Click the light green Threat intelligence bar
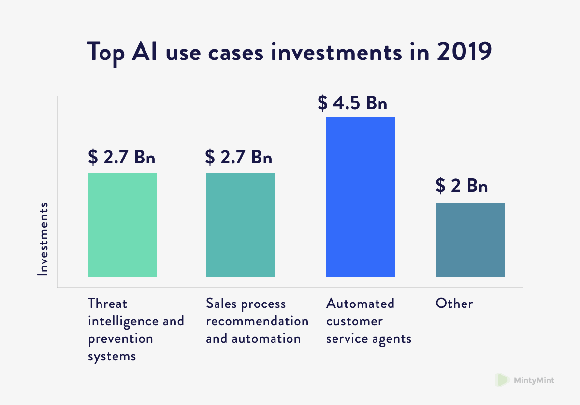(122, 225)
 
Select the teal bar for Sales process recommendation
(240, 225)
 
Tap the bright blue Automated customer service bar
(361, 197)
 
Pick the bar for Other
(471, 240)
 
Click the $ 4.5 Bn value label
(352, 102)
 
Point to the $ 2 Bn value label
(462, 186)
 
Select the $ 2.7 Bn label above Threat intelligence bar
(122, 157)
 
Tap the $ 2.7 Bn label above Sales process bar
(239, 157)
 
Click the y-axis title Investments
(43, 239)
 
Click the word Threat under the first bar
(108, 304)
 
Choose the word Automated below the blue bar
(360, 304)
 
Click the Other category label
(454, 304)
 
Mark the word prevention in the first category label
(120, 339)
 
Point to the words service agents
(369, 339)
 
